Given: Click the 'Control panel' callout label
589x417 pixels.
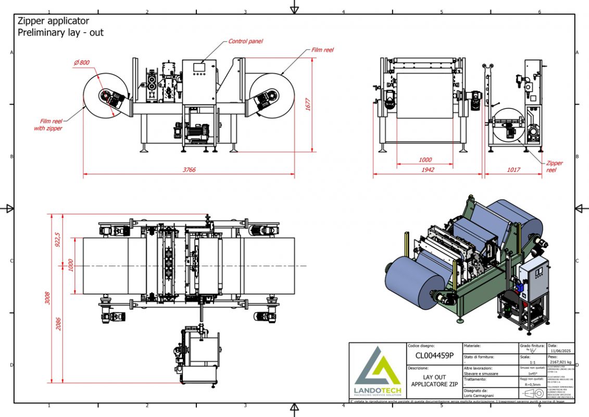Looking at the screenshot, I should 246,41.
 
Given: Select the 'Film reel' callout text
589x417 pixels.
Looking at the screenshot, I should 322,50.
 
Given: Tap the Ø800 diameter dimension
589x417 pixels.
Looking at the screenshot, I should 82,63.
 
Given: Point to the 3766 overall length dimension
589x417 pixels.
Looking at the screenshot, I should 189,170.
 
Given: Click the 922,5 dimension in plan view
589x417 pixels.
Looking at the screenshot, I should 58,239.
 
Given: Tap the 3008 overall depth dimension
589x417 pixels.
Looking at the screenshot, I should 48,298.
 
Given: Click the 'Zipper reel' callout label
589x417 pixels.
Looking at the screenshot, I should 554,166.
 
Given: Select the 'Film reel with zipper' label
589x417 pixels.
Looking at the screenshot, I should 48,125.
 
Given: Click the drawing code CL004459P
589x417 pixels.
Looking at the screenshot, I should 434,356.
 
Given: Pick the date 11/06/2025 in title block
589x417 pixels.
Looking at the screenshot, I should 560,351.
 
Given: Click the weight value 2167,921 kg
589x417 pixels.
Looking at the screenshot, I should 560,361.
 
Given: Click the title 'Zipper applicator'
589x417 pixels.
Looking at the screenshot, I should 53,21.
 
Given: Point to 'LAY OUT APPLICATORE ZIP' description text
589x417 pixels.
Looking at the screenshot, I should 434,380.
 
